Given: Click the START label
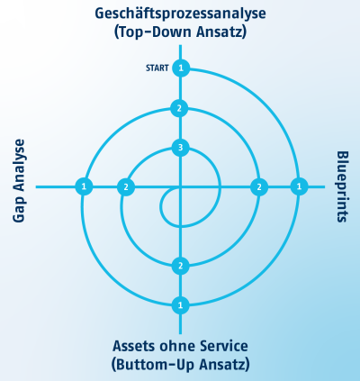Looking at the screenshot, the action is (157, 68).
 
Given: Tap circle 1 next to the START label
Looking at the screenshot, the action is (181, 68).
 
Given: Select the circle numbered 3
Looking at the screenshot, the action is (180, 148).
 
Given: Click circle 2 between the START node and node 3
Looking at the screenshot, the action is (179, 108).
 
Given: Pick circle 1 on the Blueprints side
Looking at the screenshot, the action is (299, 186).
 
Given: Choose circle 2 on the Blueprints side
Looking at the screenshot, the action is (259, 187).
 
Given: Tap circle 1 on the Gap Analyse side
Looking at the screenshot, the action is (84, 186).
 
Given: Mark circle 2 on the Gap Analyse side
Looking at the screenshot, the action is (126, 187).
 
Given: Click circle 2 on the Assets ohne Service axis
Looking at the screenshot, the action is (180, 266).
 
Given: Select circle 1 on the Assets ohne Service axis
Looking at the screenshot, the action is (180, 305).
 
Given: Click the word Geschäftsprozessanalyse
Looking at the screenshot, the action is (180, 14).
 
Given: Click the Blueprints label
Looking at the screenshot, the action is (341, 186).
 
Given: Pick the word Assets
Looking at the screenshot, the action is (134, 346).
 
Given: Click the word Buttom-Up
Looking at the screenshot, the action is (156, 365).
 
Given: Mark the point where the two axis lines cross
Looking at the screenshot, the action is (180, 186).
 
